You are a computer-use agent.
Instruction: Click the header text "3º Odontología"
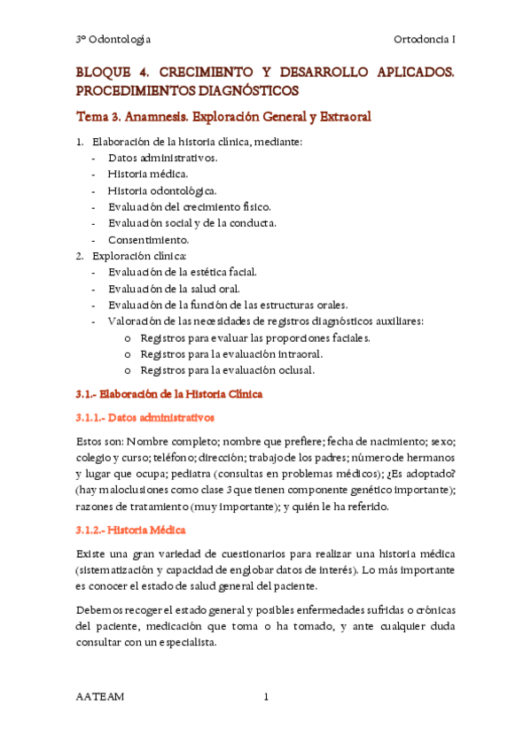coord(113,39)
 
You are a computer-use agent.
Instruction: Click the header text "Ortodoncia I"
coord(424,39)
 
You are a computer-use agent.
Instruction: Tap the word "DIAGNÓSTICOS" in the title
coord(239,90)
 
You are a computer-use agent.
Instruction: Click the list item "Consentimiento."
coord(149,239)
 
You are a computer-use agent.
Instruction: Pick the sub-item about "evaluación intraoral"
coord(242,353)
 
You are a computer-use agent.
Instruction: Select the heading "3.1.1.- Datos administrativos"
coord(145,417)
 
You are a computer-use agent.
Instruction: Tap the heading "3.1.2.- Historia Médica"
coord(130,530)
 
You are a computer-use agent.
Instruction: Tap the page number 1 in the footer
coord(265,696)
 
